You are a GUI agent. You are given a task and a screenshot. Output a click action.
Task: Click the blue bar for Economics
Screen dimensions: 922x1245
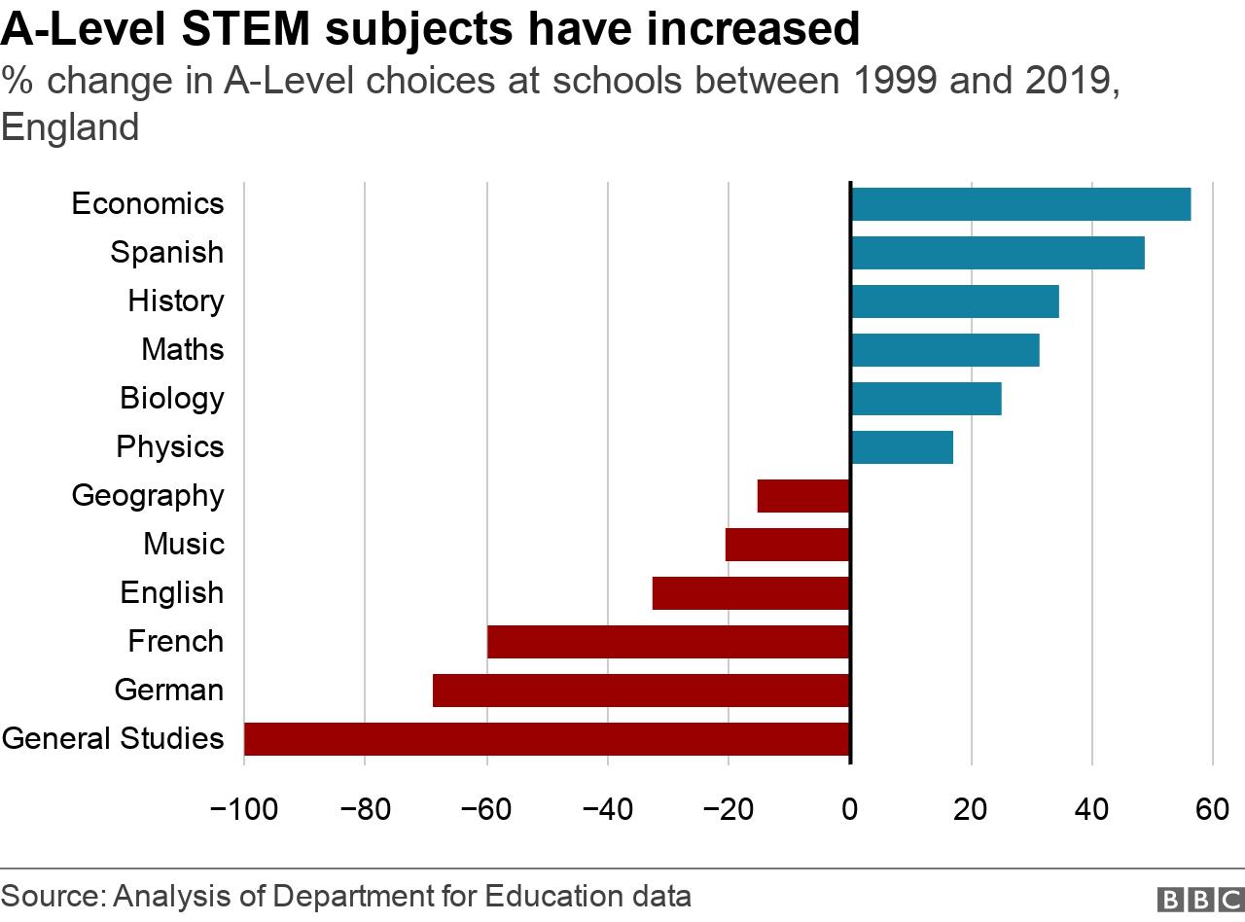[1020, 204]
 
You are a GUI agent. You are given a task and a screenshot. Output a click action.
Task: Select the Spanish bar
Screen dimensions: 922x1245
[997, 253]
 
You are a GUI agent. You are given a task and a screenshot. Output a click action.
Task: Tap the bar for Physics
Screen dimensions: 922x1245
[902, 447]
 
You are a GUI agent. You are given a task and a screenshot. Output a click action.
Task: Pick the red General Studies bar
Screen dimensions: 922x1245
[547, 739]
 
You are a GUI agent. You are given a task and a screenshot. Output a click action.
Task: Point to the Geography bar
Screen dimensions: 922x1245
[803, 496]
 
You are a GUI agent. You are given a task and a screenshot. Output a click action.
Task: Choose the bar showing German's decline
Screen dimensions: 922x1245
[641, 691]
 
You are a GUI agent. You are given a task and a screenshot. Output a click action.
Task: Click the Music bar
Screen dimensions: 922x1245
[788, 545]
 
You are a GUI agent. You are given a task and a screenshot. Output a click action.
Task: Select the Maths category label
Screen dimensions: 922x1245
[183, 349]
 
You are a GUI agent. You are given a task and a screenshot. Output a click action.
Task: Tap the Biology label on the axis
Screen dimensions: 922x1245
[172, 398]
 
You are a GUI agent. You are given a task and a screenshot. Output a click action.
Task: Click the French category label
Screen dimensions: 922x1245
[176, 641]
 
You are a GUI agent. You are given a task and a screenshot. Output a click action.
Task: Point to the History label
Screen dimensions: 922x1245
[176, 301]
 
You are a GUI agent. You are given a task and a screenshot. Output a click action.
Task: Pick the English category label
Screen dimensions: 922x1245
[172, 592]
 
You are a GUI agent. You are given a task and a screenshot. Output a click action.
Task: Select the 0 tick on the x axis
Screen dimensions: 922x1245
[850, 809]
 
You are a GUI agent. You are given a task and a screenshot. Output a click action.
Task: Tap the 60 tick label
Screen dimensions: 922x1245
[1213, 809]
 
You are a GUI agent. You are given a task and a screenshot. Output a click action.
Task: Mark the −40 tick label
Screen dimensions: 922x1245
[607, 809]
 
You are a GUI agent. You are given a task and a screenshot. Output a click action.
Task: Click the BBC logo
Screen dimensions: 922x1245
[1199, 899]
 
